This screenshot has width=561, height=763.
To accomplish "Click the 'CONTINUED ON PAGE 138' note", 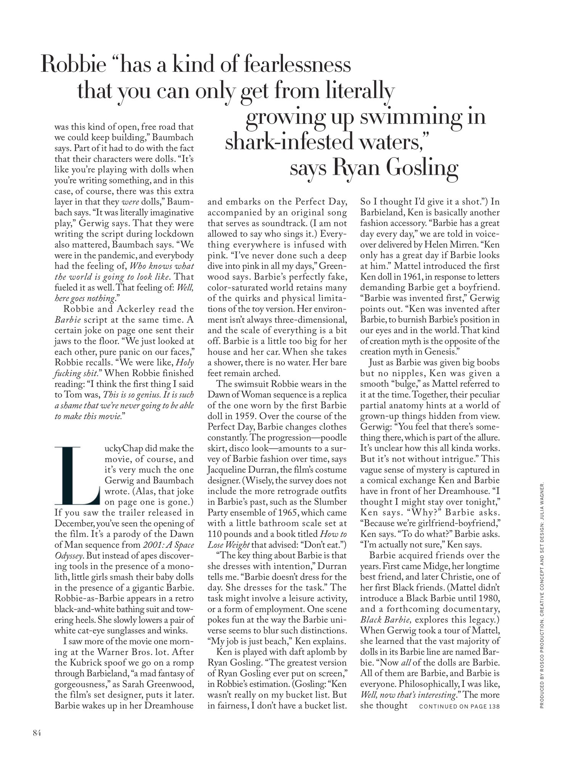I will [x=459, y=707].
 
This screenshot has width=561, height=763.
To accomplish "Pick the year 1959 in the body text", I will [x=241, y=416].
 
